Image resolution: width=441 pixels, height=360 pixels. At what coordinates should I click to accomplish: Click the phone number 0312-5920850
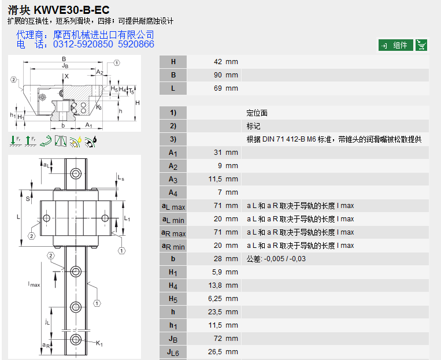click(83, 44)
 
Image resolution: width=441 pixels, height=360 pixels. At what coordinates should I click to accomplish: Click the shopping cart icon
click(421, 45)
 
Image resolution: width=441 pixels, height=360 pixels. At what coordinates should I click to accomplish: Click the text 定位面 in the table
click(257, 113)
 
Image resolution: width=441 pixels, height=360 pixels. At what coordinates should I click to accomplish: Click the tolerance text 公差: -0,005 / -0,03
click(276, 259)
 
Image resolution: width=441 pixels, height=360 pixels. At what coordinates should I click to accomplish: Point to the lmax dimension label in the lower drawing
click(34, 284)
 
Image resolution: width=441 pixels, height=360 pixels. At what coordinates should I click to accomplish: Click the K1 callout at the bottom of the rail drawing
click(99, 344)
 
